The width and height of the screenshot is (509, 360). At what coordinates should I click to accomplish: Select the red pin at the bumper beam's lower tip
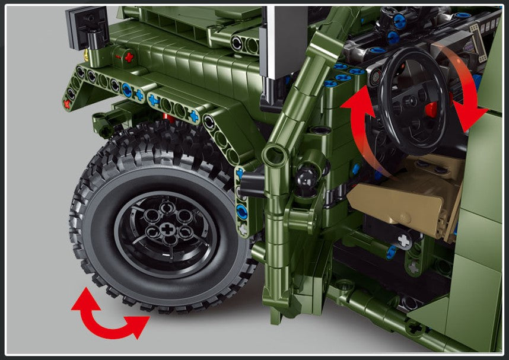tap(67, 104)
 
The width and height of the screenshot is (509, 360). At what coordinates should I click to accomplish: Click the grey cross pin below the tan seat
tap(404, 240)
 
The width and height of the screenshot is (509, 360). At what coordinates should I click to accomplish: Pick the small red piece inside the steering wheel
tap(431, 109)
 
